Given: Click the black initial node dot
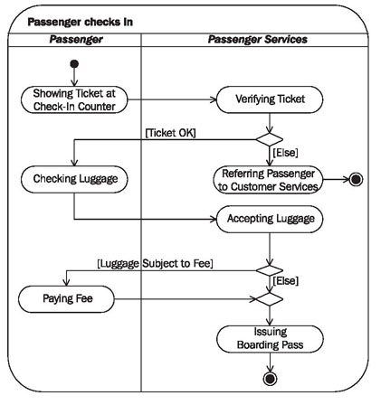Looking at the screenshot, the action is tap(74, 64).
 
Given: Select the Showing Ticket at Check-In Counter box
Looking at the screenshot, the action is tap(74, 99).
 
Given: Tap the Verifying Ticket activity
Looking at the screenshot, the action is tap(270, 99).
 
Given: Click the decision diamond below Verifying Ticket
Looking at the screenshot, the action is tap(270, 139).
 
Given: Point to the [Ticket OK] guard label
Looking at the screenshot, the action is tap(170, 133).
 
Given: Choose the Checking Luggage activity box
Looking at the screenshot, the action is tap(74, 179).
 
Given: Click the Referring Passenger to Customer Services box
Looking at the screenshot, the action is tap(268, 180).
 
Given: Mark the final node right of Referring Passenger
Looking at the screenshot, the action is tap(356, 180).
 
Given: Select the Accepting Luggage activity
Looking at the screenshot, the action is tap(270, 219).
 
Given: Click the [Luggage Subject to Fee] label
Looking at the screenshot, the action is tap(155, 264).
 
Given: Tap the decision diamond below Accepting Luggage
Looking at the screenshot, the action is tap(270, 270).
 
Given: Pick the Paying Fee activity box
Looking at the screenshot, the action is tap(66, 299).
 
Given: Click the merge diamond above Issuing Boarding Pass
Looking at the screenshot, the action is tap(270, 299).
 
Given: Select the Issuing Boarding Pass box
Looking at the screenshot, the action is tap(270, 339).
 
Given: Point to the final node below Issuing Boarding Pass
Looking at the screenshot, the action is tap(270, 378).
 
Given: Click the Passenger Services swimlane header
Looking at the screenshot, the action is tap(258, 40).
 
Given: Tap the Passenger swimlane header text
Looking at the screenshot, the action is tap(76, 40).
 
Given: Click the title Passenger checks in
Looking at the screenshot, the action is tap(81, 22).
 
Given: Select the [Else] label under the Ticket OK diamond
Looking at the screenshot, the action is tap(285, 153).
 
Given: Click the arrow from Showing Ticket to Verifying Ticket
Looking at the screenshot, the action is tap(172, 99).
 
